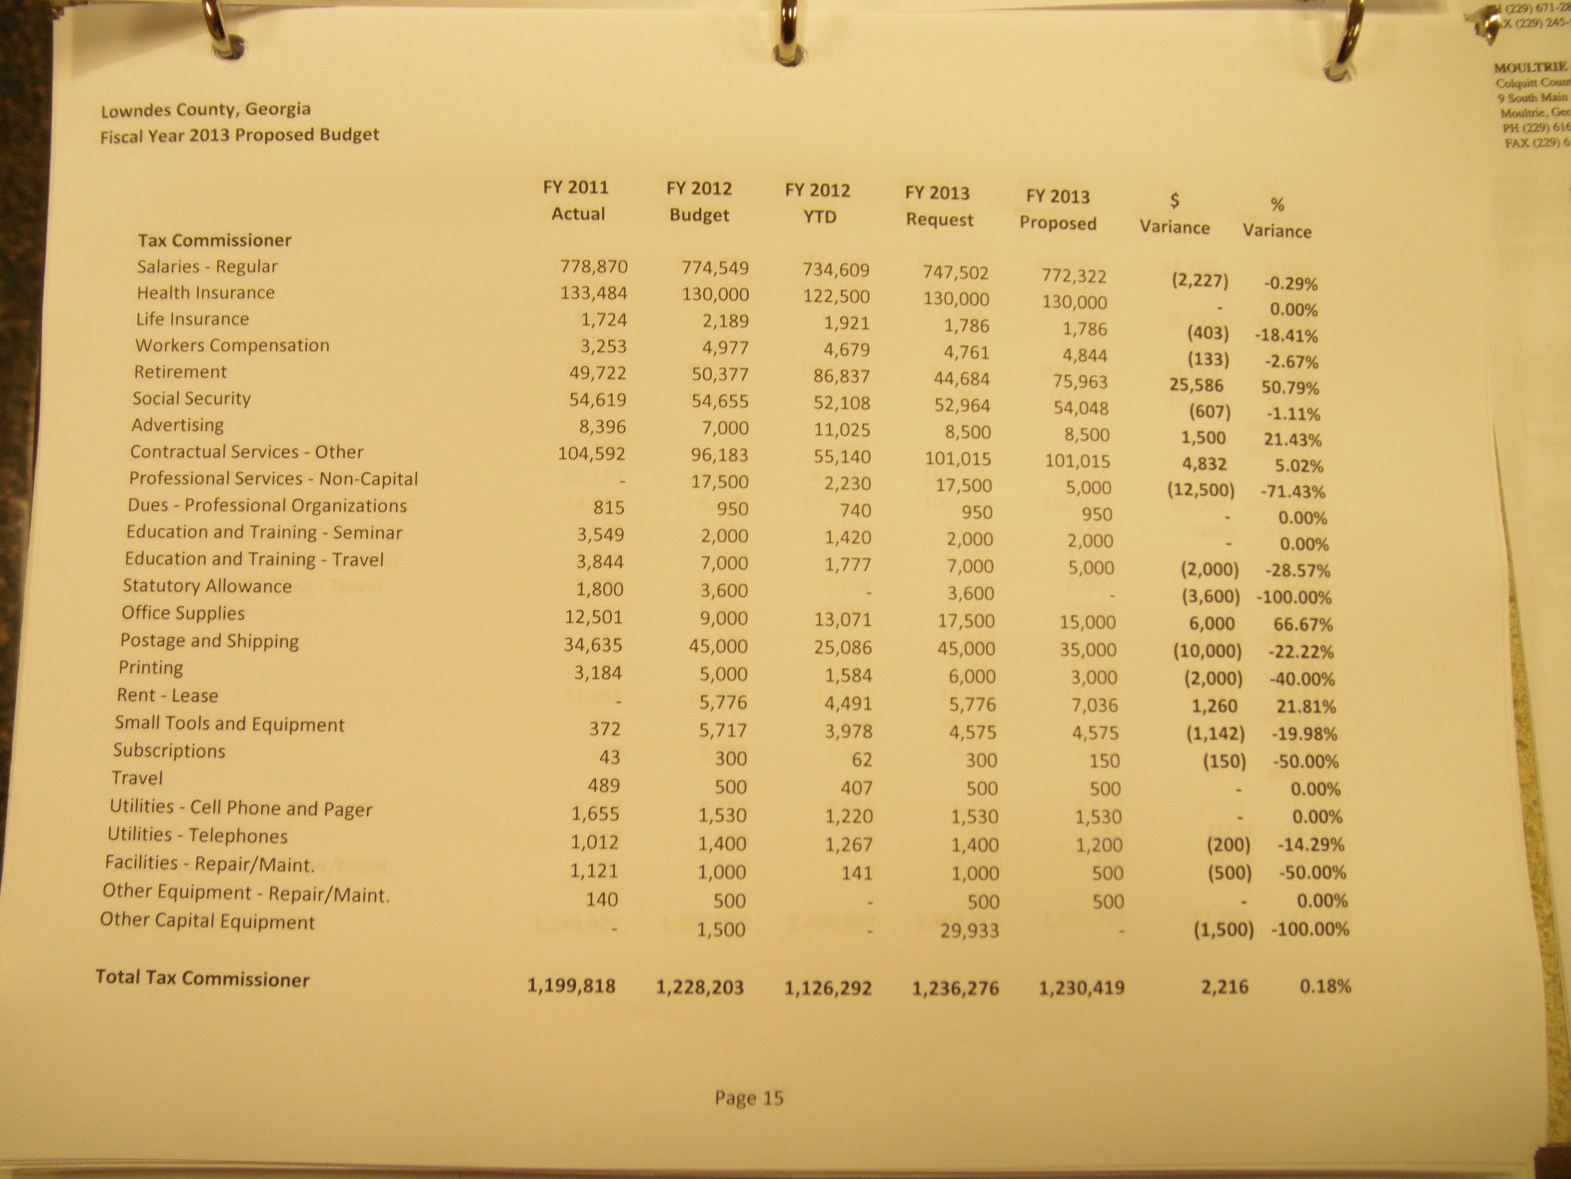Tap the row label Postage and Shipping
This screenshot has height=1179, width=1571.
tap(209, 641)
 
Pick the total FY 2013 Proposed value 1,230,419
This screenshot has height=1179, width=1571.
tap(1081, 987)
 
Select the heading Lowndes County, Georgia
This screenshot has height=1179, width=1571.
tap(205, 109)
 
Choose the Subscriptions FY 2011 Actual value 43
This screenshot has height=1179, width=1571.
tap(609, 757)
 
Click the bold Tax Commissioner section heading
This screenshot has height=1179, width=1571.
tap(215, 240)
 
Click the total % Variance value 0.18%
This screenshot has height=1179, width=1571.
tap(1325, 986)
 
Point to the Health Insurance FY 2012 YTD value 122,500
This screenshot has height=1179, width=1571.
tap(836, 296)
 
